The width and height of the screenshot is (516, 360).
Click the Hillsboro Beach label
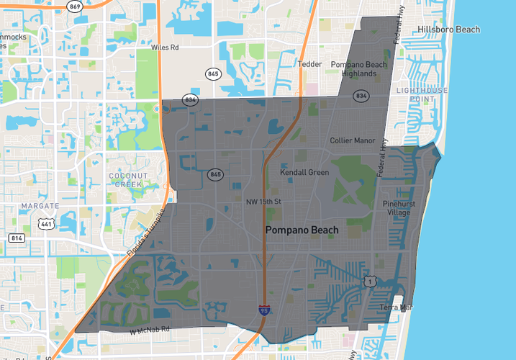(x=448, y=30)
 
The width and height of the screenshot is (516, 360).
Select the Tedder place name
(x=309, y=64)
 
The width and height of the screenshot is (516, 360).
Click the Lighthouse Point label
(x=422, y=94)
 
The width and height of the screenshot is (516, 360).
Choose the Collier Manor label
(x=353, y=140)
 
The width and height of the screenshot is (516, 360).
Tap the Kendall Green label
(x=304, y=173)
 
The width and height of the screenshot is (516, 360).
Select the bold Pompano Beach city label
(x=302, y=230)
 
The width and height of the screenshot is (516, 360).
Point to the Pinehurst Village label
(x=397, y=208)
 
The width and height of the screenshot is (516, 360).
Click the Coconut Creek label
(x=129, y=180)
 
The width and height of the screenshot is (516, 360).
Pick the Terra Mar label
(x=397, y=307)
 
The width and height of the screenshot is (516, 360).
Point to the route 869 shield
(x=74, y=6)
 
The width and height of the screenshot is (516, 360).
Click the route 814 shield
(x=17, y=238)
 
